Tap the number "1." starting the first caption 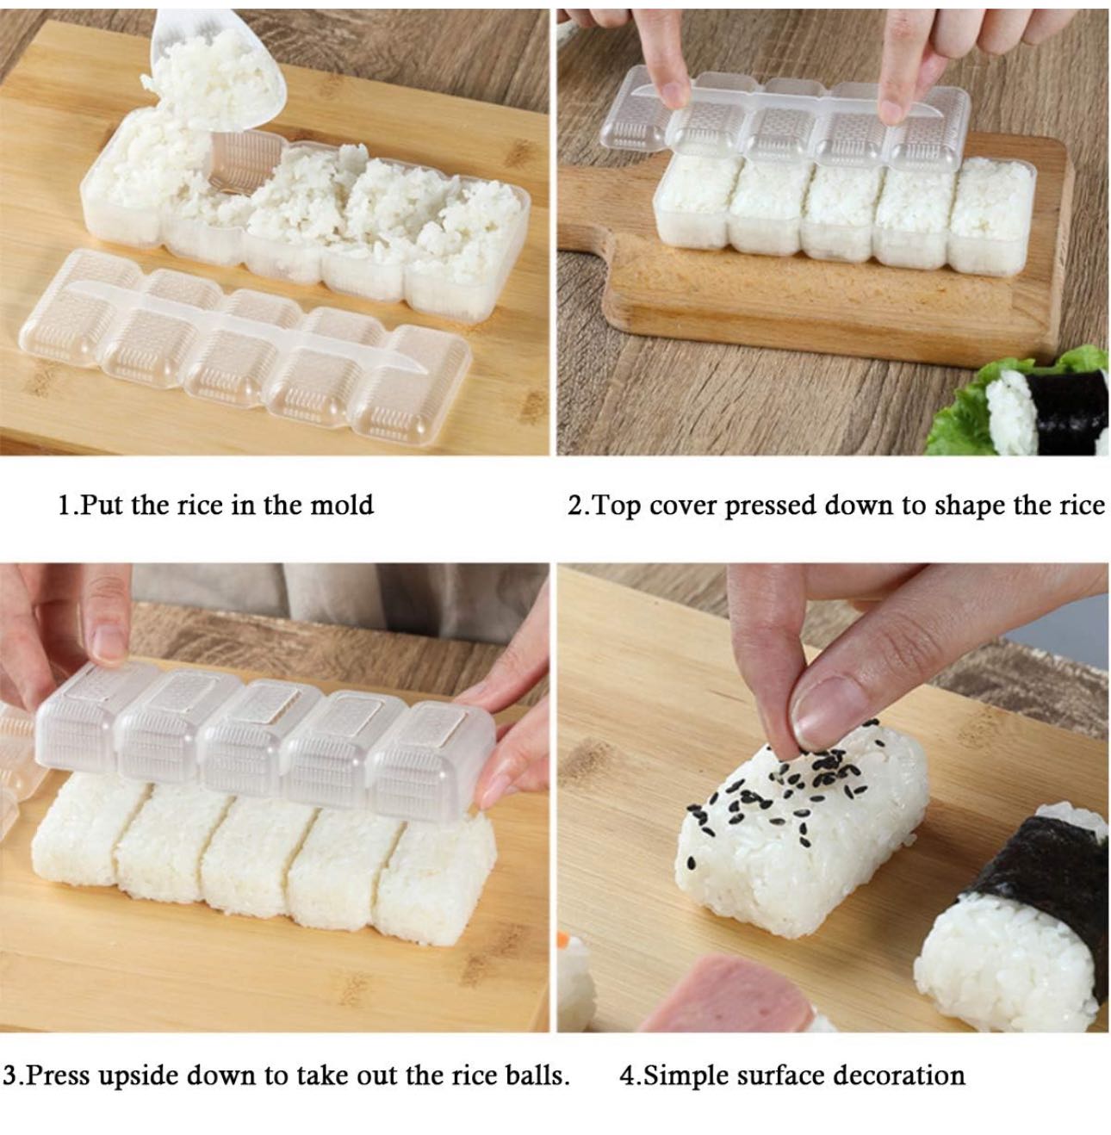click(67, 505)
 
